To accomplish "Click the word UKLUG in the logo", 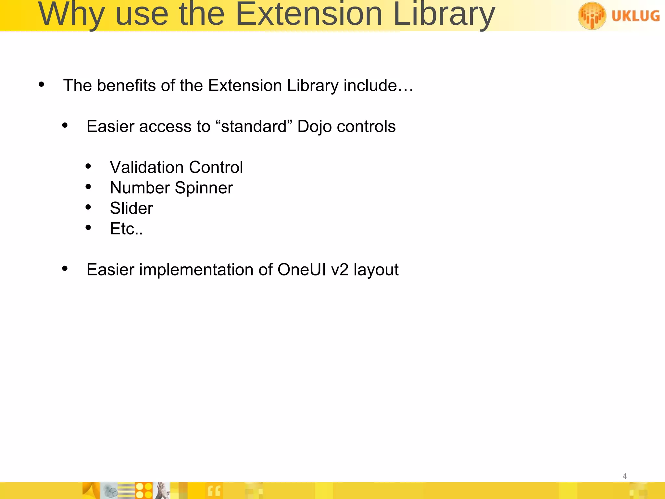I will [635, 16].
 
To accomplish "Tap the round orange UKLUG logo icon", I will [592, 16].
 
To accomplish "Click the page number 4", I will [624, 476].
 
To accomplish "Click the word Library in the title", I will [444, 15].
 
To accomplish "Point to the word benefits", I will [126, 86].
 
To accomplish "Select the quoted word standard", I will [254, 127].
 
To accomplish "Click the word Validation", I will [147, 168].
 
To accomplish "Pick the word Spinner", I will [204, 188].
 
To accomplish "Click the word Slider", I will [131, 208].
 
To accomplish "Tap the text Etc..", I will [126, 229].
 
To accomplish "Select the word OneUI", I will [302, 270].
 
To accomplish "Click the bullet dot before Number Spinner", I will [88, 187].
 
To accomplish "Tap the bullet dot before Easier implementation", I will [65, 268].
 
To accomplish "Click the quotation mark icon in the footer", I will [214, 491].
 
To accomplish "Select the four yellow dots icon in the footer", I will [144, 491].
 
